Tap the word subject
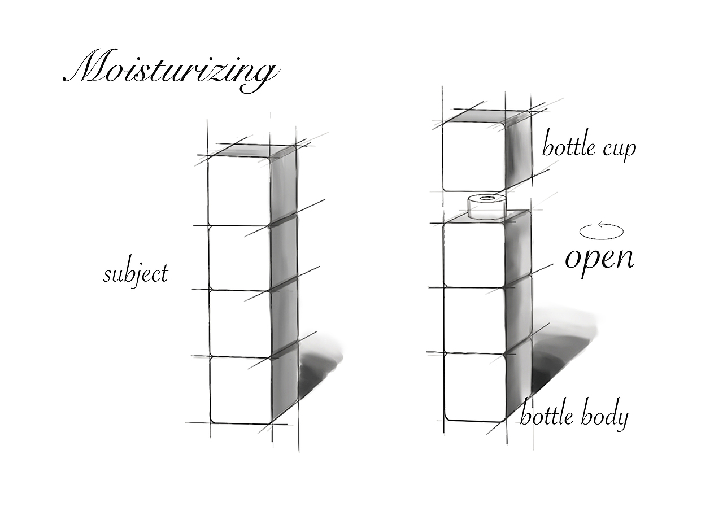(136, 274)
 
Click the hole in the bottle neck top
(486, 198)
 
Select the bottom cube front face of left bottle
(241, 389)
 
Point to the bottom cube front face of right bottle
(473, 386)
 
